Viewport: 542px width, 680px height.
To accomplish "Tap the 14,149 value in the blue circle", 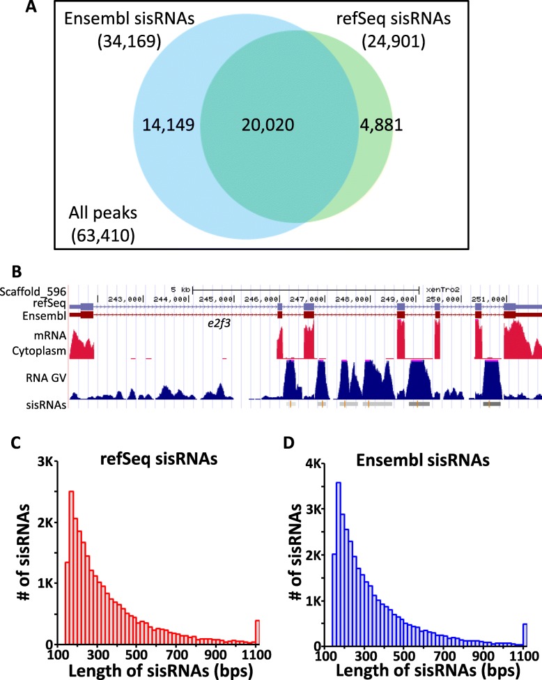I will [x=168, y=125].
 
